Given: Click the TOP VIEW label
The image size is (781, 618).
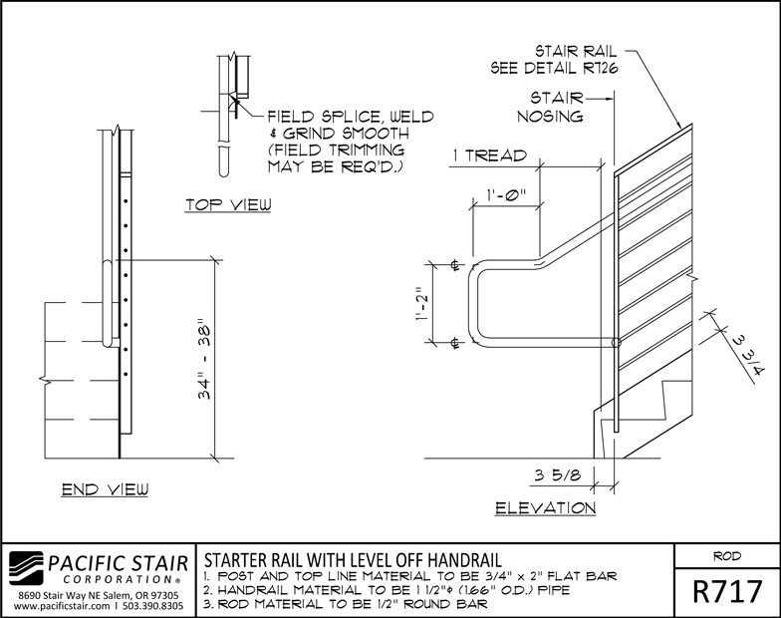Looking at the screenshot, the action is coord(229,205).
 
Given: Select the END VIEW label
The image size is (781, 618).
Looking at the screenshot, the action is coord(106,489).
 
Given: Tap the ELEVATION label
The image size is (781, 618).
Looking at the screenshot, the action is coord(546,508).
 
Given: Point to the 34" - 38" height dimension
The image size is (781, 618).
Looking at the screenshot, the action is coord(205,362).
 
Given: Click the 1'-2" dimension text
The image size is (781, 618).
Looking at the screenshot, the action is coord(422,303).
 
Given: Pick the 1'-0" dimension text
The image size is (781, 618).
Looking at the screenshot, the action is coord(506,194).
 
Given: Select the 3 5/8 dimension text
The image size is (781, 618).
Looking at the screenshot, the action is coord(558,474).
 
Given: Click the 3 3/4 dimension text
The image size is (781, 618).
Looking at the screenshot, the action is coord(749,355).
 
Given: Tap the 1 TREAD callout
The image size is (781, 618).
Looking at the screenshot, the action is coord(490,155).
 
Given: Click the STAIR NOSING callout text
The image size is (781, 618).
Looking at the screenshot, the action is coord(550,107).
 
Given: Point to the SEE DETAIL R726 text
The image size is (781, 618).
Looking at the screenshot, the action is coord(554,68).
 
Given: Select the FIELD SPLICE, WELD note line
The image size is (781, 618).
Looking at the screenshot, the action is coord(351,117).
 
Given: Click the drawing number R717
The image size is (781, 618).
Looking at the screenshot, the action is coord(727,592).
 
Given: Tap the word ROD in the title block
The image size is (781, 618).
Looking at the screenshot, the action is coord(727,556).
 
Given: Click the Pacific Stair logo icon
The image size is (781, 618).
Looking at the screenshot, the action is coord(26,568).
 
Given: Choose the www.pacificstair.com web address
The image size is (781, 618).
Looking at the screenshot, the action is coord(62,606).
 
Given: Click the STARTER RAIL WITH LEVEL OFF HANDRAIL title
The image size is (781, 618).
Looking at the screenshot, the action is coord(353,560).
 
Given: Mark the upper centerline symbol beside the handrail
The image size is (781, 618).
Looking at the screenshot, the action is coord(454,264).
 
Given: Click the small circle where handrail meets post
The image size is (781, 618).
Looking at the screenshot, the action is coord(617,343).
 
